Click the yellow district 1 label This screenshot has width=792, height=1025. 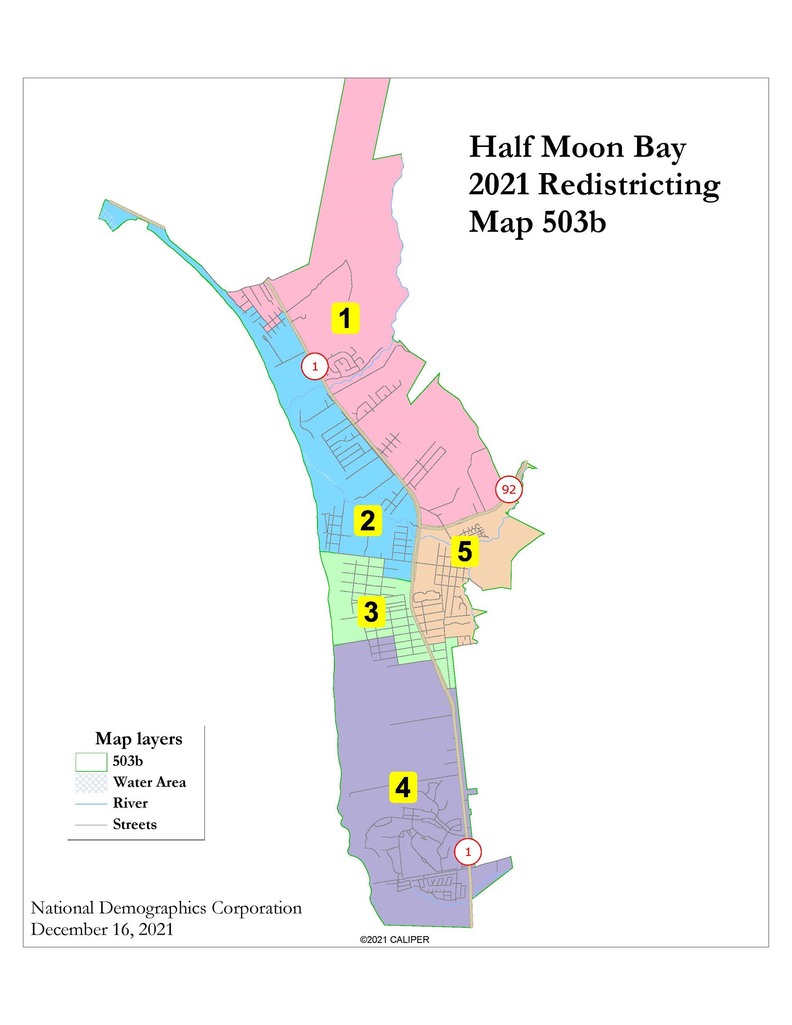click(345, 318)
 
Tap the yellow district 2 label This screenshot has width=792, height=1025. click(367, 520)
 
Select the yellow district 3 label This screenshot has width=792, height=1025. click(371, 611)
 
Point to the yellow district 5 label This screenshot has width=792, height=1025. click(464, 552)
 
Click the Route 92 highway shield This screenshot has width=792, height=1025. click(509, 490)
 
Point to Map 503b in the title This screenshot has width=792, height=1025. click(537, 222)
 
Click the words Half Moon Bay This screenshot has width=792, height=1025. click(577, 147)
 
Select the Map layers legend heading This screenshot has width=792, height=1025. click(138, 739)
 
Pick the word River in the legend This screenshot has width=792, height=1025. click(130, 803)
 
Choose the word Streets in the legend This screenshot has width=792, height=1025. click(135, 824)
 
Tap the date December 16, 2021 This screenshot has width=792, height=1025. click(102, 929)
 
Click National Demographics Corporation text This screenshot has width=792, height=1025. click(166, 908)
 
